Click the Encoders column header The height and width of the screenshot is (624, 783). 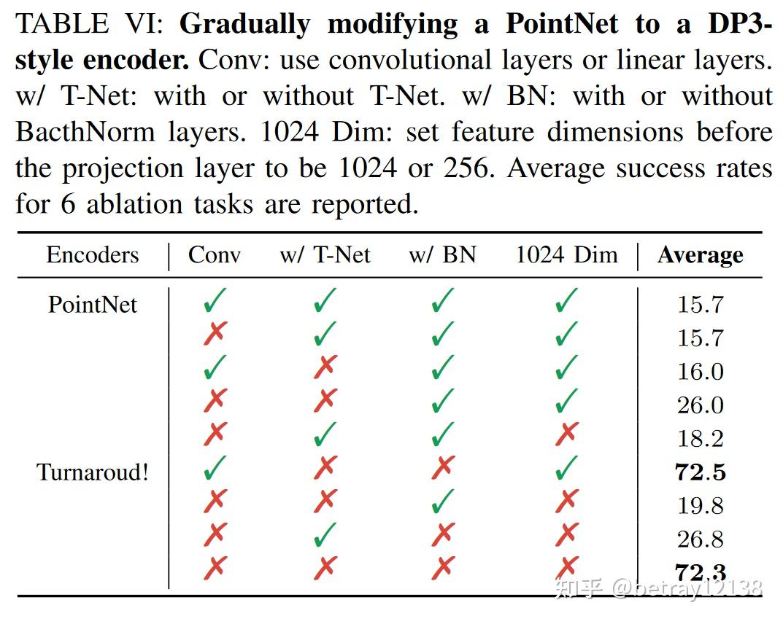pyautogui.click(x=92, y=255)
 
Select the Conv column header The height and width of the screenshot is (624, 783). pyautogui.click(x=215, y=255)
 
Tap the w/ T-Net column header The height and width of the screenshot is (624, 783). pyautogui.click(x=325, y=255)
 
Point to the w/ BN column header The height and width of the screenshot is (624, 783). pyautogui.click(x=442, y=255)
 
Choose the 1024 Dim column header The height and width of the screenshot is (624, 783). pyautogui.click(x=566, y=255)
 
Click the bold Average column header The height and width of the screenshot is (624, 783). pyautogui.click(x=700, y=255)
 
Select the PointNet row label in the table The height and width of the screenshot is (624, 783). pyautogui.click(x=92, y=304)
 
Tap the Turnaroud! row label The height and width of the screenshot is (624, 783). pyautogui.click(x=92, y=472)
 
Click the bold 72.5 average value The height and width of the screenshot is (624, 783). pyautogui.click(x=700, y=472)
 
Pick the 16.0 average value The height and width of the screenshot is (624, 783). pyautogui.click(x=700, y=372)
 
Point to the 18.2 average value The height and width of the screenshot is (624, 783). pyautogui.click(x=700, y=439)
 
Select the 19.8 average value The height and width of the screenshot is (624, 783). pyautogui.click(x=700, y=506)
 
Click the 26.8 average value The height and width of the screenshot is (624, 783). pyautogui.click(x=700, y=539)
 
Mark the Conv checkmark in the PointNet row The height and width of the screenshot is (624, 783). pyautogui.click(x=215, y=300)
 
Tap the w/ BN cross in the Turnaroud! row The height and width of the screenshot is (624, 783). pyautogui.click(x=442, y=469)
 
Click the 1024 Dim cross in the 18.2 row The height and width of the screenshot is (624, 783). pyautogui.click(x=566, y=435)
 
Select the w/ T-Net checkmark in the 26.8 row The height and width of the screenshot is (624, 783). pyautogui.click(x=325, y=536)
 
